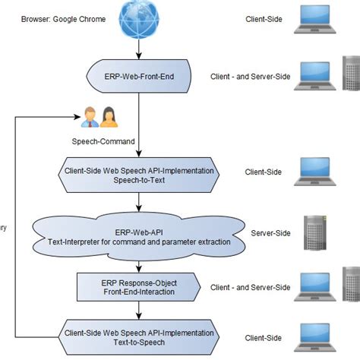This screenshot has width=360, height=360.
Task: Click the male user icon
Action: [x=88, y=117]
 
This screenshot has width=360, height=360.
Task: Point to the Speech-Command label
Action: [x=104, y=141]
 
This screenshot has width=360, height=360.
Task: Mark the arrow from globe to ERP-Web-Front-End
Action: [x=139, y=49]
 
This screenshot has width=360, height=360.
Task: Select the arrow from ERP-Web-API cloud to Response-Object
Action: [x=139, y=264]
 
